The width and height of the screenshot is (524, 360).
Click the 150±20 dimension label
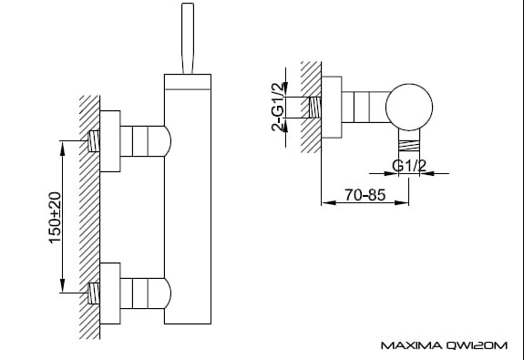tap(56, 218)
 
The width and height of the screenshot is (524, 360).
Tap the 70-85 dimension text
tap(365, 195)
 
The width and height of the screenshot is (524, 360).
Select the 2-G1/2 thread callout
tap(279, 107)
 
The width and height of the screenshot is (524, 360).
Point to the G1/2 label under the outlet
tap(409, 166)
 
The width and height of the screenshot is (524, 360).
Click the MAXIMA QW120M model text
tap(444, 345)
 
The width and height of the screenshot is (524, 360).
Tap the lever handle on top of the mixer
tap(188, 38)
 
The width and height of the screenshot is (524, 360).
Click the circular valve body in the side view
tap(409, 107)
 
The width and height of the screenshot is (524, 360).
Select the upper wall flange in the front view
tap(110, 141)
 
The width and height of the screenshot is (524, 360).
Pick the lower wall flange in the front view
tap(110, 293)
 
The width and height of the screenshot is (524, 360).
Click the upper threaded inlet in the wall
tap(94, 141)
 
